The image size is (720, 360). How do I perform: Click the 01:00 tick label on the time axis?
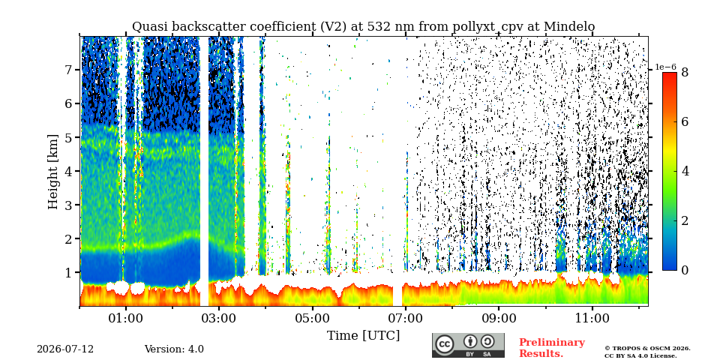point(126,318)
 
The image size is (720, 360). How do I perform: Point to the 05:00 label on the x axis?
point(313,318)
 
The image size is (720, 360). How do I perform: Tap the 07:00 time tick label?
point(406,318)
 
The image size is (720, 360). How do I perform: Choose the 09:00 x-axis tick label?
point(499,318)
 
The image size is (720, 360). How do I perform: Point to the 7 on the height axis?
point(72,70)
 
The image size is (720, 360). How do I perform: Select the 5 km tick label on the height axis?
point(72,137)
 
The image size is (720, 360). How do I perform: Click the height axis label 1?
point(72,272)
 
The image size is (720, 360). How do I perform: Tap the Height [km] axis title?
point(54,172)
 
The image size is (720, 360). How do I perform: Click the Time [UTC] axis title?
point(363,336)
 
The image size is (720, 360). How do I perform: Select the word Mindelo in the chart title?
point(569,27)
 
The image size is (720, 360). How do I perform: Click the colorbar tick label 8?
point(685,73)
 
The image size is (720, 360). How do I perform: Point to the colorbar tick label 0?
point(685,270)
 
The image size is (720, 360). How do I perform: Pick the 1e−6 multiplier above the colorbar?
point(665,67)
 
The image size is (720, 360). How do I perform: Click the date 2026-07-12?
point(65,349)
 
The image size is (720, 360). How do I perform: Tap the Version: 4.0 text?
point(174,349)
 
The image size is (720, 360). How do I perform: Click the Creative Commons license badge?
point(468,345)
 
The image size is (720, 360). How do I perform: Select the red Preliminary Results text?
point(552,347)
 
